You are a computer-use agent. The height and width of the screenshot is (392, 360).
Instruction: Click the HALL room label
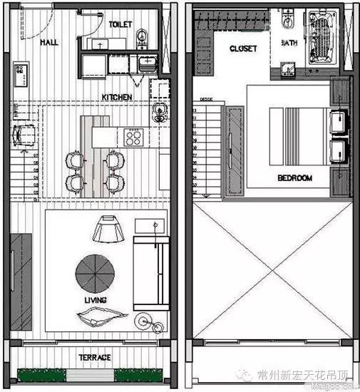click(x=49, y=42)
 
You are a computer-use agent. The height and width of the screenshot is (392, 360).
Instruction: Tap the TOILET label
click(x=120, y=24)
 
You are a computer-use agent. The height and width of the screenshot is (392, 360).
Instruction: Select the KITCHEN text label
click(x=116, y=97)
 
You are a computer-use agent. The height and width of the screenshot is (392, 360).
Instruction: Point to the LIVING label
click(x=94, y=300)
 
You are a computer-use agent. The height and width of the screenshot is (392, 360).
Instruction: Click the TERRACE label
click(x=94, y=357)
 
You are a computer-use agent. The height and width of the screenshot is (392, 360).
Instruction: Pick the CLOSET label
click(x=243, y=48)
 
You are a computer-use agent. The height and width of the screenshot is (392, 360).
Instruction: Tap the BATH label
click(x=289, y=43)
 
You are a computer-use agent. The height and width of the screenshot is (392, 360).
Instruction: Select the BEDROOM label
click(x=293, y=177)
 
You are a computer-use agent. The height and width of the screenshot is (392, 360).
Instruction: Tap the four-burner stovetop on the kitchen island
click(x=133, y=135)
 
